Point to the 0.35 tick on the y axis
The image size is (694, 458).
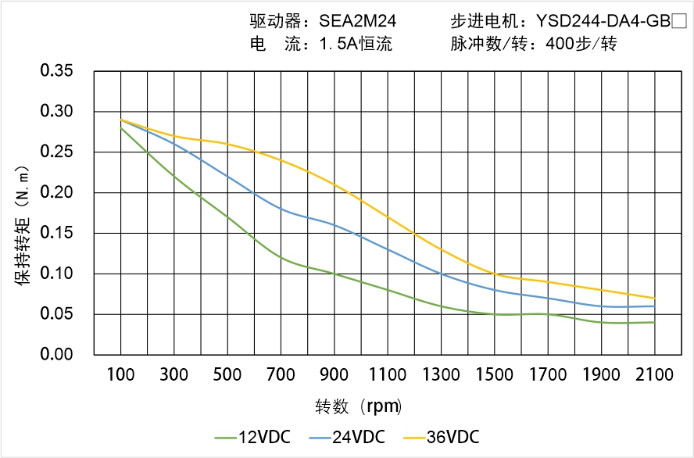56,71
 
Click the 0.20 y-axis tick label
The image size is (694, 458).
56,192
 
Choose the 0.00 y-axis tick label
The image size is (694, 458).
56,355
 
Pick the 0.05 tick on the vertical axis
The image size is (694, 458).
56,314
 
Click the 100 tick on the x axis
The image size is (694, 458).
120,375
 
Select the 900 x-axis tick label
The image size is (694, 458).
334,375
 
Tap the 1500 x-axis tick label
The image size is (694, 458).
495,375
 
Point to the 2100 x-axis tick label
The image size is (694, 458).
654,375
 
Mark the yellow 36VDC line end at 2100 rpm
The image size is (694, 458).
654,298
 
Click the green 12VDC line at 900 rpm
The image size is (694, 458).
334,274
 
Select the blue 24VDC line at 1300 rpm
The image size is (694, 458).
441,274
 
